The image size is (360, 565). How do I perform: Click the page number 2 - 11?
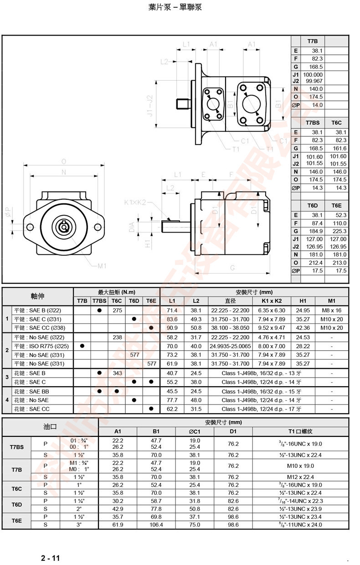click(51, 558)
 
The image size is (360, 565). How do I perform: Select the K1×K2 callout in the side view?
click(135, 202)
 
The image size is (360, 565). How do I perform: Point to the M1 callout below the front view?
click(102, 266)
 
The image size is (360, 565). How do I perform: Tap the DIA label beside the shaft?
click(132, 226)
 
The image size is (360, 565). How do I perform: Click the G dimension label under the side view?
click(232, 268)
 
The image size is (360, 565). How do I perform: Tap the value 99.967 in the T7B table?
click(313, 81)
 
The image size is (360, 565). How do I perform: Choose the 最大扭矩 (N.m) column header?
click(117, 292)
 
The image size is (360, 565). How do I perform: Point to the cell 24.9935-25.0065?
click(230, 346)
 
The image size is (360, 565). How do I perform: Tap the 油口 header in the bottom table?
click(50, 427)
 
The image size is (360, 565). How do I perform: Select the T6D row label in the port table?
click(16, 504)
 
